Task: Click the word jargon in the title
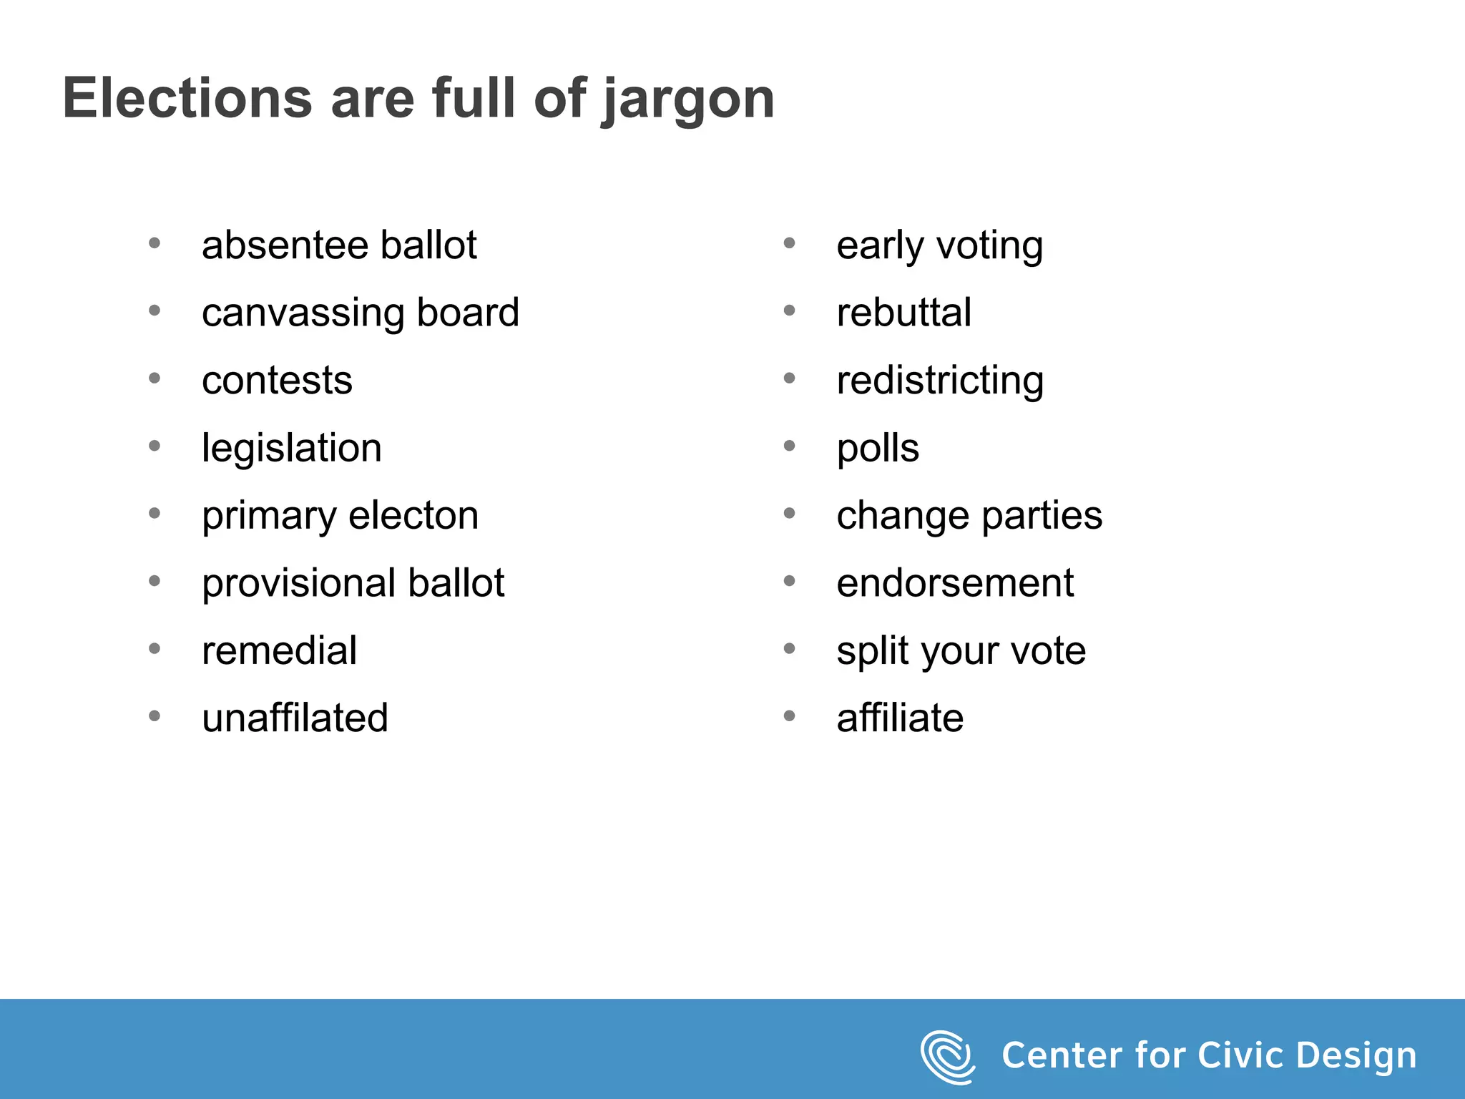688,100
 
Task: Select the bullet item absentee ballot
339,245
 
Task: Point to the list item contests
277,381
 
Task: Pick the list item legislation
292,449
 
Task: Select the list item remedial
279,651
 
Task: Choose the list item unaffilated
295,718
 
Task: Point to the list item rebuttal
903,313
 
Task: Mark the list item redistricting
940,381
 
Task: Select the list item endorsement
955,583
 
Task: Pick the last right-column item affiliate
900,718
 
